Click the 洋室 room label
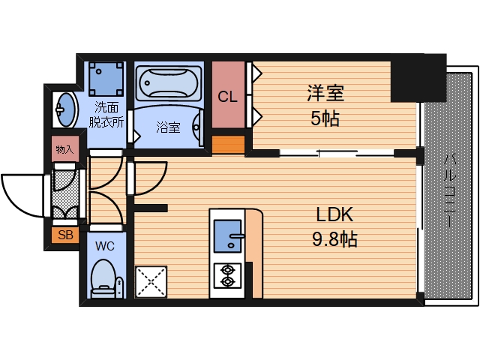[x=325, y=94]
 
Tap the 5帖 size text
[x=325, y=118]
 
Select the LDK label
[x=334, y=215]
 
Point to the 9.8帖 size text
[x=334, y=240]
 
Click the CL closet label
[x=228, y=97]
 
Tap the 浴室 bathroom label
[x=168, y=127]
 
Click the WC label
[x=104, y=244]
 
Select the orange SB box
[x=65, y=235]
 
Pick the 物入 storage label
[x=64, y=149]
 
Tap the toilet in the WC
[x=104, y=277]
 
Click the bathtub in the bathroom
[x=169, y=83]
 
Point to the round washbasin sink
[x=65, y=110]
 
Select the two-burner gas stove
[x=226, y=275]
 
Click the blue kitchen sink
[x=226, y=238]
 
